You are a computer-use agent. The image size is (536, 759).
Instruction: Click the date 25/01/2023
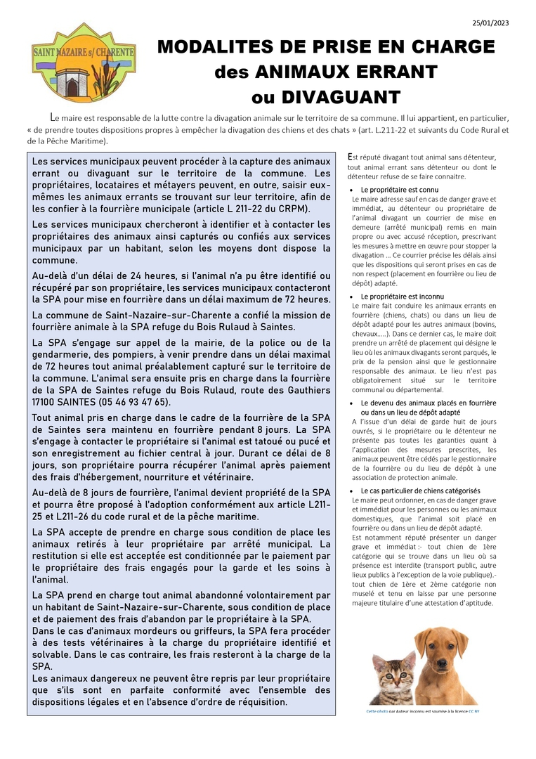(490, 23)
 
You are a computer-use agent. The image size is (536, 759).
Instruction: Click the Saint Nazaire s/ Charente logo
(74, 62)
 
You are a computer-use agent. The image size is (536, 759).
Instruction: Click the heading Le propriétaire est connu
(399, 190)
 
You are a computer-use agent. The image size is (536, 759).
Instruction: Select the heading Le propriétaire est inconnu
(403, 297)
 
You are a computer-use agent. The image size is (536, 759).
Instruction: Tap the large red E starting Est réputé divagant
(351, 157)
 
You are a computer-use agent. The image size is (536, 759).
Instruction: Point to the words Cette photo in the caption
(377, 711)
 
